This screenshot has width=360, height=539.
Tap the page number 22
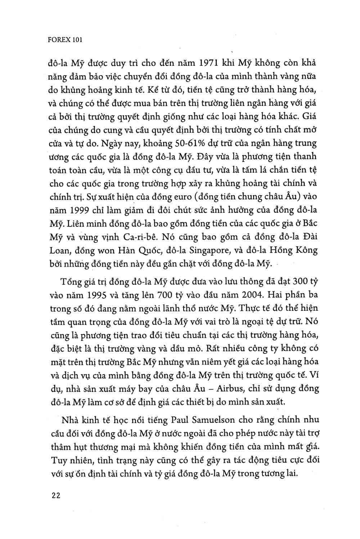[x=56, y=495]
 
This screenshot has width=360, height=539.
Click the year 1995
[x=102, y=295]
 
